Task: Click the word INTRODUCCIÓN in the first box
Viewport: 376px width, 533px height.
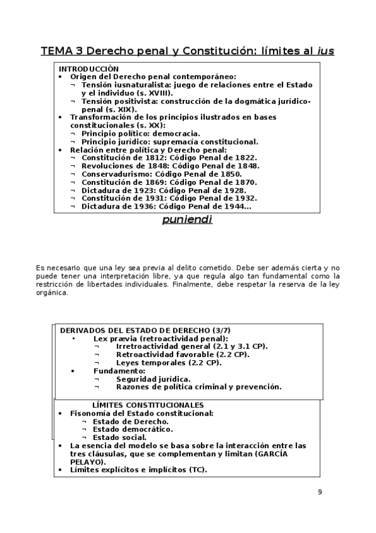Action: [x=89, y=69]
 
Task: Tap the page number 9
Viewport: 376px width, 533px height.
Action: [x=320, y=492]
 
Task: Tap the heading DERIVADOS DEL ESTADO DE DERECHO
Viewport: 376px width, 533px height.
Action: [x=132, y=331]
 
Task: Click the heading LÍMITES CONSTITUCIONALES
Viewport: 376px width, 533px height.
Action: [x=148, y=405]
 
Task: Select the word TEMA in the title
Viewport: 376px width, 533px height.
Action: [x=57, y=50]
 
